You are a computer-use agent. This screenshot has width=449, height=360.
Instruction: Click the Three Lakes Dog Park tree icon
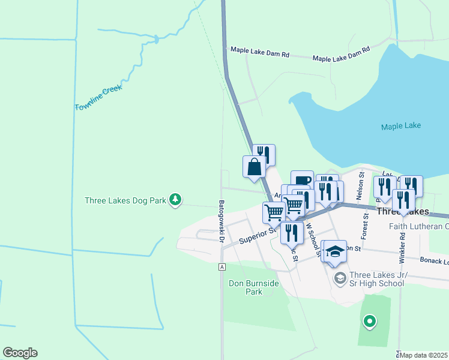[x=175, y=200]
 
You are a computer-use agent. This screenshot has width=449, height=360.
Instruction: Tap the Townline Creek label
[x=98, y=98]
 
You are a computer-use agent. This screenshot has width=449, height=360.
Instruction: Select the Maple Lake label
[x=401, y=126]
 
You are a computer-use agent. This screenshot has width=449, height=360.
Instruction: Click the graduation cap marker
[x=336, y=251]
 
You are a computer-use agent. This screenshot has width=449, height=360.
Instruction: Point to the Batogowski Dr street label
[x=221, y=221]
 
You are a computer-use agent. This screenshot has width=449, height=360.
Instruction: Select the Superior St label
[x=256, y=235]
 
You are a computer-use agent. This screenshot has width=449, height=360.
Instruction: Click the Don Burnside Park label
[x=254, y=287]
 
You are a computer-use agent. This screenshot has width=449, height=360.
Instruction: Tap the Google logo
[x=20, y=353]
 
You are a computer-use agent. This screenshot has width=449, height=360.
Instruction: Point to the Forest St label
[x=365, y=229]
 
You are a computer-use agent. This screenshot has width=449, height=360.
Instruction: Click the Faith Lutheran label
[x=418, y=226]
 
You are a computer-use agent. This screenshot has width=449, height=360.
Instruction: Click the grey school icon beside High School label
[x=340, y=277]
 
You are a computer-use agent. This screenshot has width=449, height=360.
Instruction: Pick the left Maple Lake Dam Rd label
[x=258, y=54]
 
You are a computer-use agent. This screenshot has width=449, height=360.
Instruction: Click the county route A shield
[x=222, y=267]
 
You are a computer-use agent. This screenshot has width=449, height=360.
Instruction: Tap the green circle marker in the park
[x=370, y=322]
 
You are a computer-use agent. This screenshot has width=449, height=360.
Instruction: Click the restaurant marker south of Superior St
[x=292, y=233]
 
